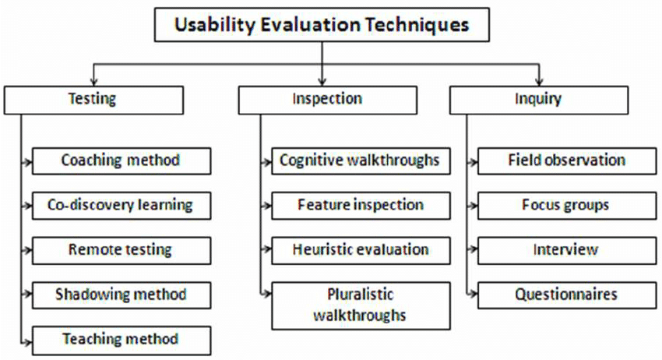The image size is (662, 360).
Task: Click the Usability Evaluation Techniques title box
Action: (x=322, y=25)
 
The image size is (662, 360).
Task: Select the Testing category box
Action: (x=93, y=99)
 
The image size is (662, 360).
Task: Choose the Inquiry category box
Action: (x=539, y=99)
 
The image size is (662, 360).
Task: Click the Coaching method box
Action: (x=121, y=161)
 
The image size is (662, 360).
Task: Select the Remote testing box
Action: (x=121, y=250)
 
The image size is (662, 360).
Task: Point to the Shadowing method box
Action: (x=121, y=295)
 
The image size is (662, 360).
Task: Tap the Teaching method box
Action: (x=121, y=339)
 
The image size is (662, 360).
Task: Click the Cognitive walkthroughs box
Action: (x=360, y=161)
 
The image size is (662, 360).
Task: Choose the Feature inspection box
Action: (x=360, y=206)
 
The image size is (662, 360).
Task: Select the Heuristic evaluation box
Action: (x=360, y=250)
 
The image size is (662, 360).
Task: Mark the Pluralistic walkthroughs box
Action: (x=360, y=305)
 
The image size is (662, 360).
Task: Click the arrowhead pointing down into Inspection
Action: (x=322, y=81)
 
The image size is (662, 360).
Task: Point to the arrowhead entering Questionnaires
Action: (x=473, y=295)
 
